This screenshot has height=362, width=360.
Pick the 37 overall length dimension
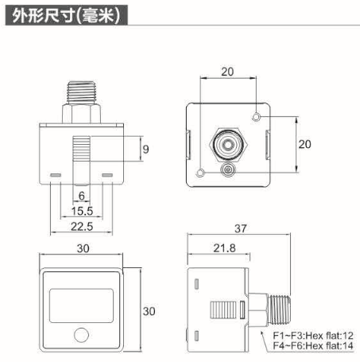pyautogui.click(x=242, y=228)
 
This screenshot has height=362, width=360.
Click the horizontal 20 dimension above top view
pyautogui.click(x=227, y=72)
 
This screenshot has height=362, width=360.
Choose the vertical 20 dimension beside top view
pyautogui.click(x=304, y=144)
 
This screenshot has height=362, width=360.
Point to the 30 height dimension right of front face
pyautogui.click(x=145, y=311)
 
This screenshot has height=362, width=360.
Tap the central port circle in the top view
pyautogui.click(x=228, y=144)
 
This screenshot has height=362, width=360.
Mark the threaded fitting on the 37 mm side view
pyautogui.click(x=270, y=309)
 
